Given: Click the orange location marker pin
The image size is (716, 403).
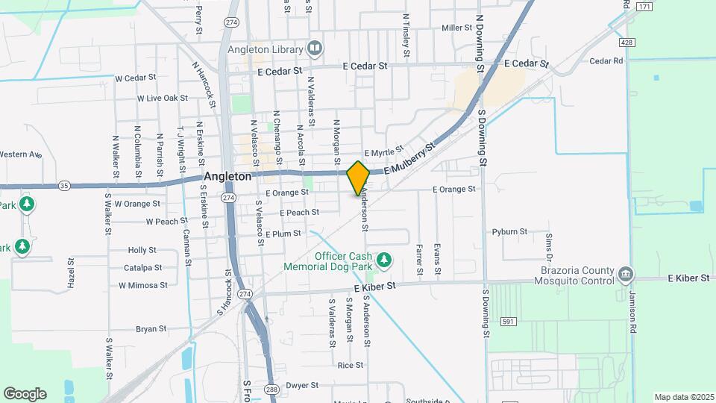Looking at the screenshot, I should click(x=359, y=178).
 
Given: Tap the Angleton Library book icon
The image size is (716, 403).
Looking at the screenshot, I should click(x=315, y=49).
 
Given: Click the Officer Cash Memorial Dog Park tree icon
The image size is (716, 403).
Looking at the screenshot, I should click(x=383, y=260).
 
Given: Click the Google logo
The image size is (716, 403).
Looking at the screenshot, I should click(x=25, y=393).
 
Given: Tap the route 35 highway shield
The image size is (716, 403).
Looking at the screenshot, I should click(x=64, y=186).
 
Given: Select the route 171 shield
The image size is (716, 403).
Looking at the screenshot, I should click(x=644, y=7).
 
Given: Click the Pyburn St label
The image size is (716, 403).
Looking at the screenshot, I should click(x=509, y=232).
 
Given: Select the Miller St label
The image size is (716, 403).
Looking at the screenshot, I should click(x=457, y=28).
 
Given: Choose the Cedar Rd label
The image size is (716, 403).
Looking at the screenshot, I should click(x=606, y=61).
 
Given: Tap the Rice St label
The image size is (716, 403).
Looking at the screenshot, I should click(x=350, y=365).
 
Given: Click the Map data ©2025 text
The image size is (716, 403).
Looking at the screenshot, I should click(x=682, y=396).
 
